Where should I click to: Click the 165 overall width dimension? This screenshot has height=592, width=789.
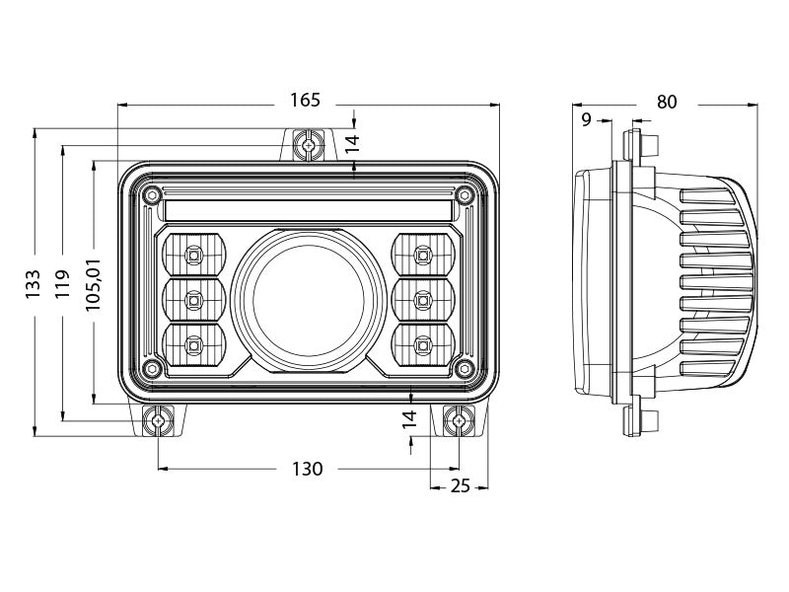point(306,101)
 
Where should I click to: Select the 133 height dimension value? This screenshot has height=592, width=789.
point(34,283)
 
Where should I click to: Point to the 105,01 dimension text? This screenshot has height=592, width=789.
point(94,283)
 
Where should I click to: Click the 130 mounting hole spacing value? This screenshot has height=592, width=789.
point(308,469)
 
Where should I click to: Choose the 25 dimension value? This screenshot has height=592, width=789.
point(460,485)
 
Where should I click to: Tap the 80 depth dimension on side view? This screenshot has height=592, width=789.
point(667,102)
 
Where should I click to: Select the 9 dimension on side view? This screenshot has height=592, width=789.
point(588,120)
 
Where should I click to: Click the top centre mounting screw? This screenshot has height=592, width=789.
point(309,146)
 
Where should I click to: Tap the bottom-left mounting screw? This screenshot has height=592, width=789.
point(158,422)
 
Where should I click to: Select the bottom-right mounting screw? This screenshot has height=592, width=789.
point(458,422)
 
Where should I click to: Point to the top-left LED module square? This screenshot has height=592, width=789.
point(192,256)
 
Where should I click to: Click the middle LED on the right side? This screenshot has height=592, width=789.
point(423,298)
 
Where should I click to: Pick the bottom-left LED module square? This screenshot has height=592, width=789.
point(192,344)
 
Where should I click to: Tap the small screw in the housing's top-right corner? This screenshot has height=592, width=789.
point(463,193)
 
